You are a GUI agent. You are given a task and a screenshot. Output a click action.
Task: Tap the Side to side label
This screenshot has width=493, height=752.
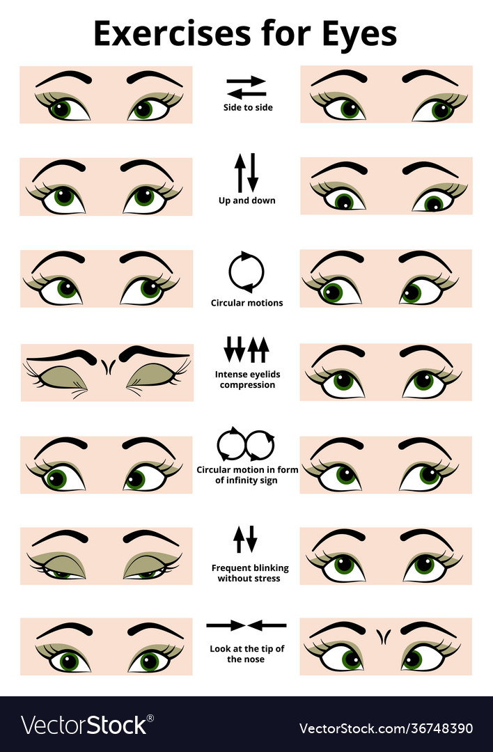247,108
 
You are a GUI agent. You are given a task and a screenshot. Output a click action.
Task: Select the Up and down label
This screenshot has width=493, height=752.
246,201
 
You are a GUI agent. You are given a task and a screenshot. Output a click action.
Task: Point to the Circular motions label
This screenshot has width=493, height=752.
246,303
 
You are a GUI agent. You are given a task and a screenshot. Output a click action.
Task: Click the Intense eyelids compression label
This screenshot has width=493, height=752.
246,379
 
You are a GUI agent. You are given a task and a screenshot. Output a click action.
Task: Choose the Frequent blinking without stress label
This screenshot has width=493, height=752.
249,573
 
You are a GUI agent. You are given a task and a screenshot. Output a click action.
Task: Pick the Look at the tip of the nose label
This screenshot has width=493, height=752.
246,654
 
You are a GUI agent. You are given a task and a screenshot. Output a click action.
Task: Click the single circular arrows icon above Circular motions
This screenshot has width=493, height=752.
246,272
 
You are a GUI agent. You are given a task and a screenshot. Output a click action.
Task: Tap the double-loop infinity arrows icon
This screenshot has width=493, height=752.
246,444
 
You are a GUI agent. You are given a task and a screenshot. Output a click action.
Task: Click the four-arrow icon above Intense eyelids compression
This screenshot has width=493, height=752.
246,350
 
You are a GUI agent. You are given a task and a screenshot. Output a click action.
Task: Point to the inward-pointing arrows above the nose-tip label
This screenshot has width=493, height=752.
246,625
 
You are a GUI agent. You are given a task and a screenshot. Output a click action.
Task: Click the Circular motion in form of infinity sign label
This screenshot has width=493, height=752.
247,475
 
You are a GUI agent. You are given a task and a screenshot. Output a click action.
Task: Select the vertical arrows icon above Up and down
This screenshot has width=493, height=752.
246,173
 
